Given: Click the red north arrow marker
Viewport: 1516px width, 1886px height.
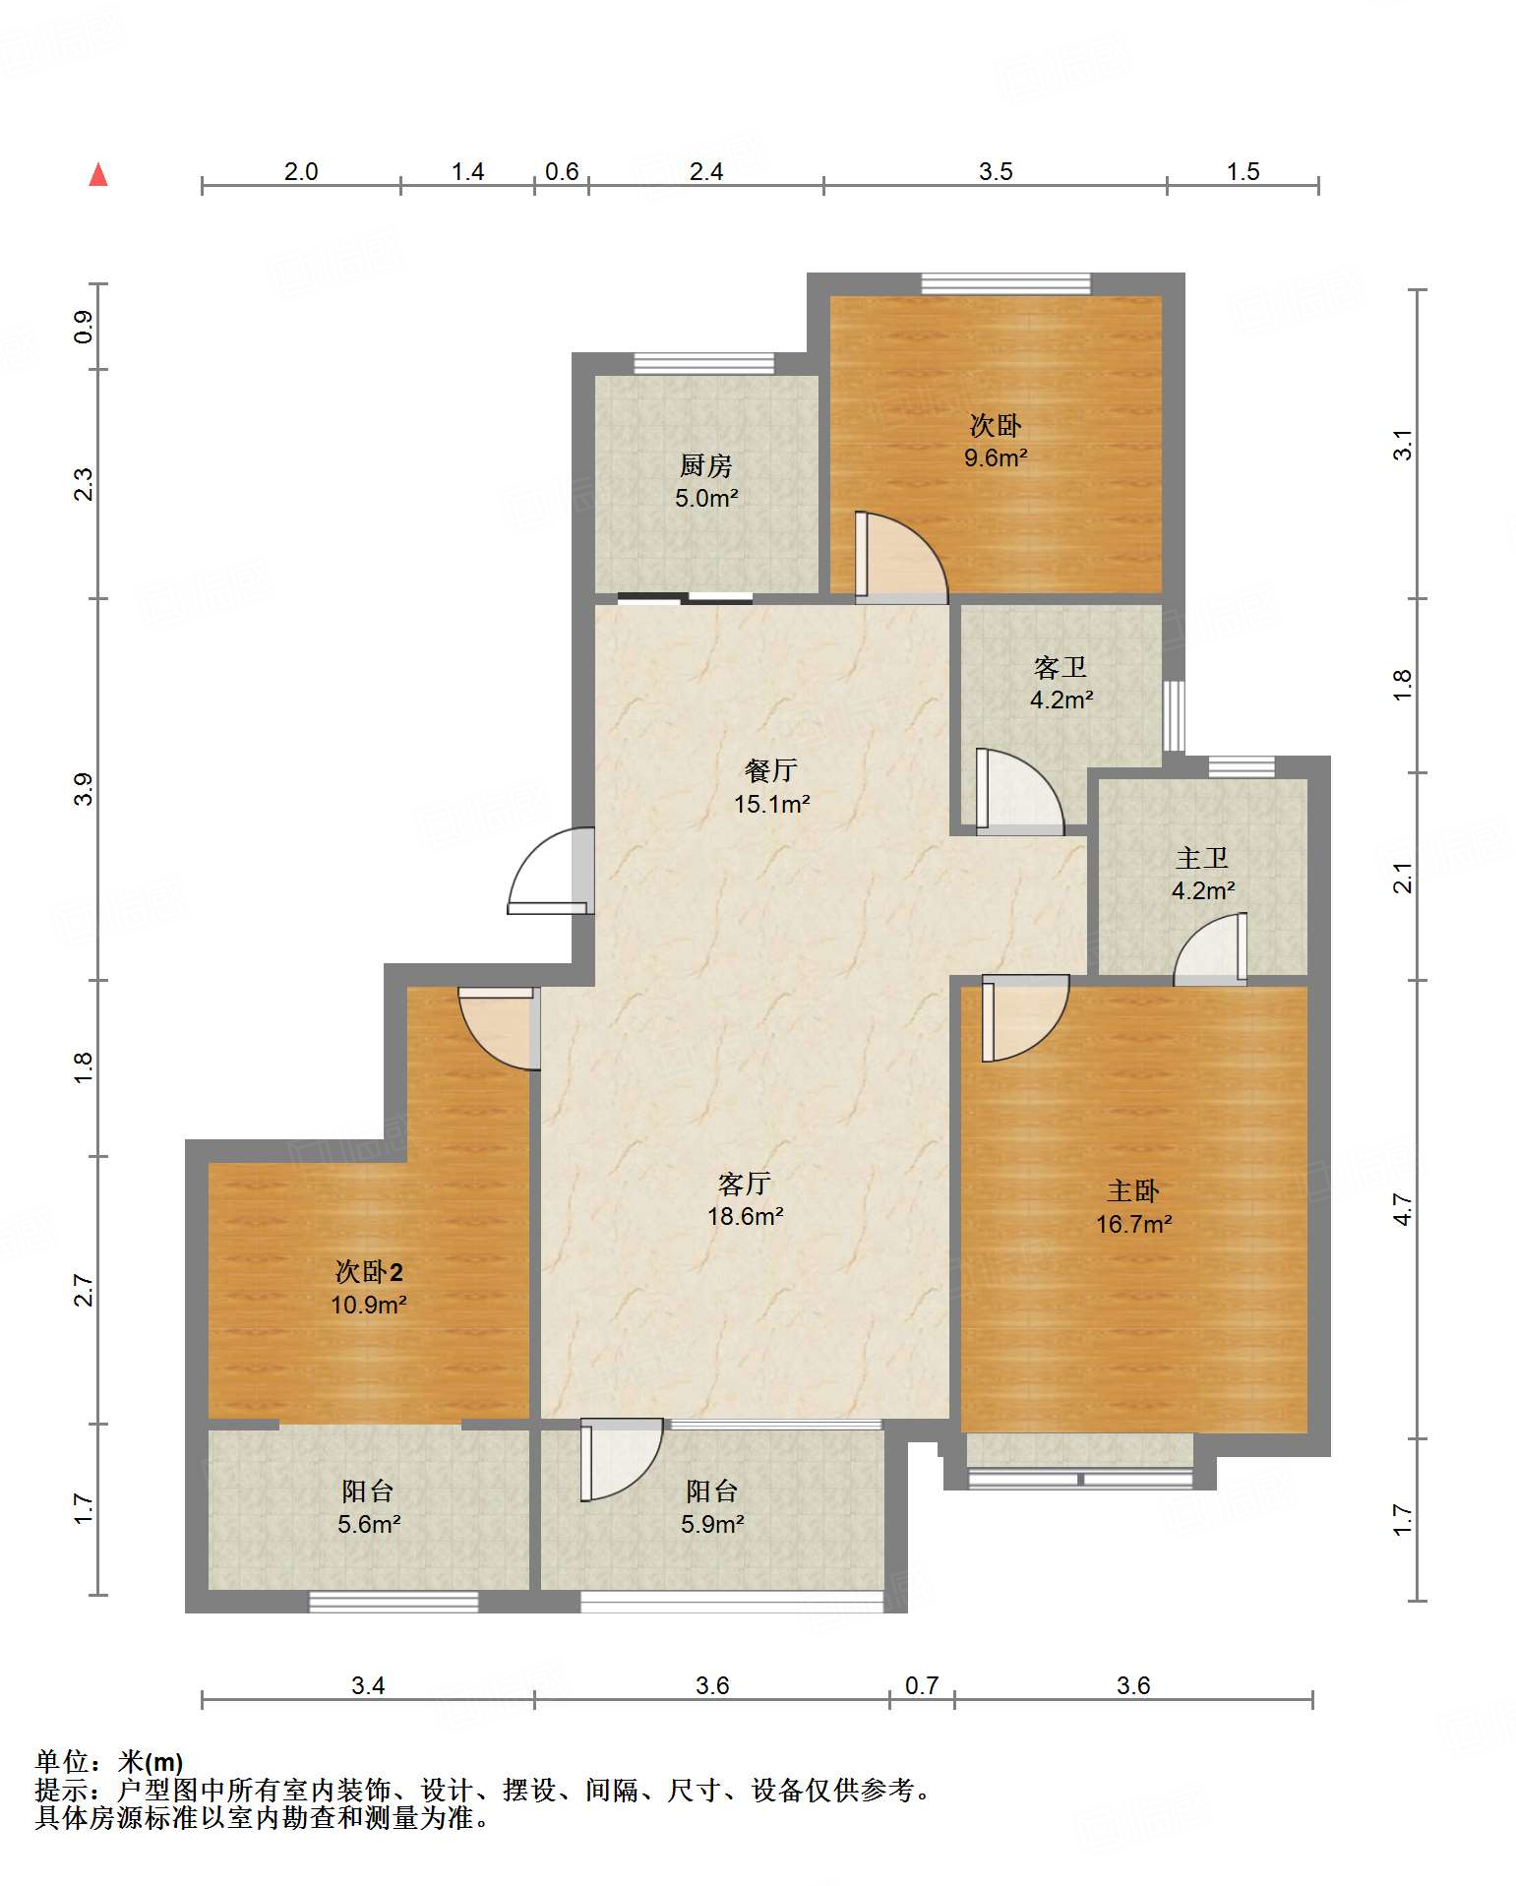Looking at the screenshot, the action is pos(98,174).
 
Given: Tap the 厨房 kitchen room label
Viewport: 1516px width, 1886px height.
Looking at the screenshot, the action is pos(706,465).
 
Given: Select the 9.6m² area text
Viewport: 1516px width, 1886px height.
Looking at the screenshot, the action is pos(996,457).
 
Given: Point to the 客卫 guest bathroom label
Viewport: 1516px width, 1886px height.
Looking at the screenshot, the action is pos(1061,668).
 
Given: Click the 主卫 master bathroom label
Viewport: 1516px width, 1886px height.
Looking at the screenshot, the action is pos(1202,858).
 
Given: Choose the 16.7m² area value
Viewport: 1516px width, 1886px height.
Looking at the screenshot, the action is pos(1133,1224).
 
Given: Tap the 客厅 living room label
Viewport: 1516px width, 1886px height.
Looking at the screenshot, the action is pos(745,1184).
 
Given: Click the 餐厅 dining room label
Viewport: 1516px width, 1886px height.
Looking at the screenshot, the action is pos(771,770).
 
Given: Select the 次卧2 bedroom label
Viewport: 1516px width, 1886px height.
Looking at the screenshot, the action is pos(369,1272).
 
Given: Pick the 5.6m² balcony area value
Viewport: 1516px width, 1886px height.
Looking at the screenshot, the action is pos(369,1524).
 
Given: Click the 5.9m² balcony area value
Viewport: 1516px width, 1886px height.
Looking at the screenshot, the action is pos(712,1524).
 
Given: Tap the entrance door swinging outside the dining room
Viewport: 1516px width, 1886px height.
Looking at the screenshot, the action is pos(550,871).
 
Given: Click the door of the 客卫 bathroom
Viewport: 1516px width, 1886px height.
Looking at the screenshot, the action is pos(1019,792).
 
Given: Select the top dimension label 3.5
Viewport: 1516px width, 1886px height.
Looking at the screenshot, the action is pos(996,172).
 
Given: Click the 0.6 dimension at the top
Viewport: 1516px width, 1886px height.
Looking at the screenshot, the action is pos(562,172).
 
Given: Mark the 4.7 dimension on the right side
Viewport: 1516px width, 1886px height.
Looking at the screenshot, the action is pos(1403,1209).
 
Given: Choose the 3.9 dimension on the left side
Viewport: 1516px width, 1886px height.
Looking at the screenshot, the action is pos(84,789).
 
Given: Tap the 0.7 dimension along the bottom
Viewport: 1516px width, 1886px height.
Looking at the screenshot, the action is pos(922,1685).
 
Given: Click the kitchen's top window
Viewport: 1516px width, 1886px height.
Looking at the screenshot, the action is pos(703,363).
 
